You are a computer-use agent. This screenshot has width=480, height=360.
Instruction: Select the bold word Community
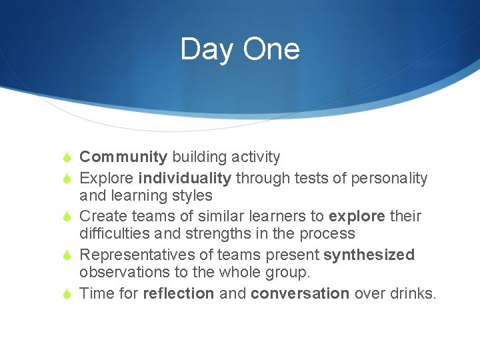click(123, 157)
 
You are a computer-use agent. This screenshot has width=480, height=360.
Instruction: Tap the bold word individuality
click(185, 179)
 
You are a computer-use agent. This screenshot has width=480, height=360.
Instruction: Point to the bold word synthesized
click(369, 255)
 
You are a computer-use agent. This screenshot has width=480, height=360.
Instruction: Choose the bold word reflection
click(179, 294)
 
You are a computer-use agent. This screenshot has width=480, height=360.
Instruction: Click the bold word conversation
click(300, 294)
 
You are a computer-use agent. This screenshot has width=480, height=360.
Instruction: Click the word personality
click(389, 179)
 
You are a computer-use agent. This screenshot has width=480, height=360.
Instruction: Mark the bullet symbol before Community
click(67, 157)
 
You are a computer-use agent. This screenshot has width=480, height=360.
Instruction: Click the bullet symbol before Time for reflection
click(67, 294)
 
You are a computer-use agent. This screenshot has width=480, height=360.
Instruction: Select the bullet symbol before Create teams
click(67, 217)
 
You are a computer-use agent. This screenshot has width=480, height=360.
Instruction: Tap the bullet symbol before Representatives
click(67, 255)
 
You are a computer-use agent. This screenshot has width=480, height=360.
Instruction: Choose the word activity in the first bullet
click(255, 157)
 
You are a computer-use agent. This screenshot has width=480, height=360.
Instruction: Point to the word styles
click(191, 196)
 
